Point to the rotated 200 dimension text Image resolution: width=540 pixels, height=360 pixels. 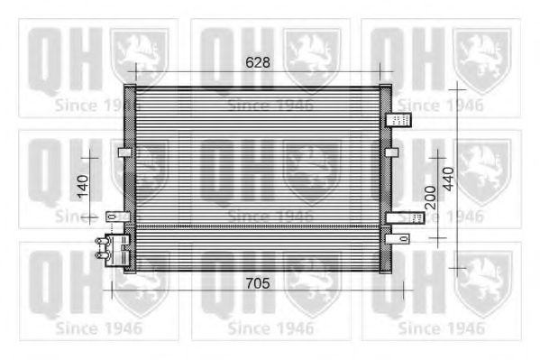tap(430, 197)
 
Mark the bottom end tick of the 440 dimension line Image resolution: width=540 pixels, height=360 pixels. tap(458, 268)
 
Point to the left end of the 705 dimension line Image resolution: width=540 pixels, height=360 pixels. tap(112, 292)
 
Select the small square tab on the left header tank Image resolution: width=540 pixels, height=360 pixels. tap(124, 152)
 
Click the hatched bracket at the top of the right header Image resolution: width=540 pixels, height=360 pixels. tap(398, 120)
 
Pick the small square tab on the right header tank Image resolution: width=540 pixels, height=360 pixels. tap(390, 152)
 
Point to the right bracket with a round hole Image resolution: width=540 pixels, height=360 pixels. tap(398, 237)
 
